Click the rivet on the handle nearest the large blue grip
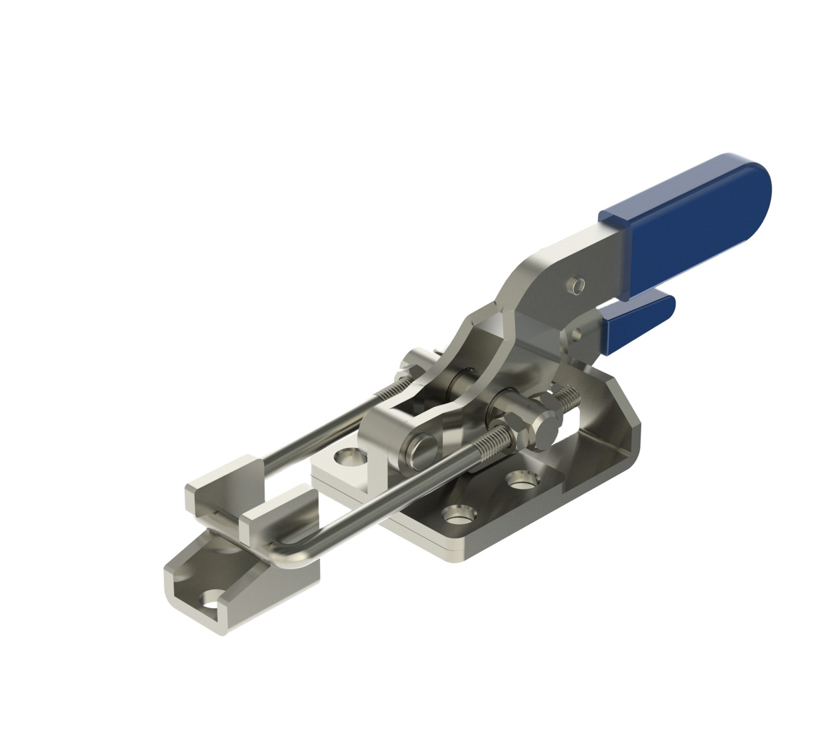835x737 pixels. [x=577, y=284]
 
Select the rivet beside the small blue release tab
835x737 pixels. [x=576, y=335]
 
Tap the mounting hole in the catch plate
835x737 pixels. [x=212, y=599]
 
